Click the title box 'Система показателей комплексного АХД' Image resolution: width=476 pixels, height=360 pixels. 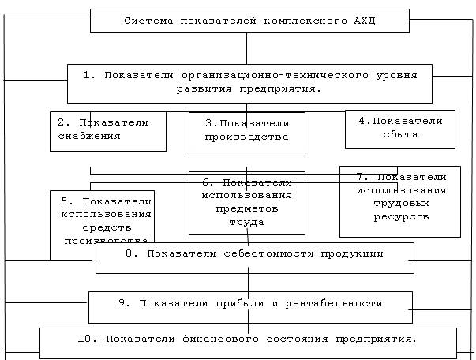249,21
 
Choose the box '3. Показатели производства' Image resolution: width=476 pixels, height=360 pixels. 247,132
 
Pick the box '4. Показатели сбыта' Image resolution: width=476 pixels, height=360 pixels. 399,129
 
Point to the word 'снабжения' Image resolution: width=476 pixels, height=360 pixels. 89,136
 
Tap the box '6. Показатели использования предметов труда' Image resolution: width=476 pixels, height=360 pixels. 247,204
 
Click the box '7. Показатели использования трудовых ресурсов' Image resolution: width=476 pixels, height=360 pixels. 399,201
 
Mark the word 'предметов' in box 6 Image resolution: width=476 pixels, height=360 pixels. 246,209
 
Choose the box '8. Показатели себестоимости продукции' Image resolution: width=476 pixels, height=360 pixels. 254,257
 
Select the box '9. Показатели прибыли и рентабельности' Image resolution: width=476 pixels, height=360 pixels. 250,306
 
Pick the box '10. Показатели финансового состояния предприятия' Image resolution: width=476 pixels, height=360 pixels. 248,343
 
